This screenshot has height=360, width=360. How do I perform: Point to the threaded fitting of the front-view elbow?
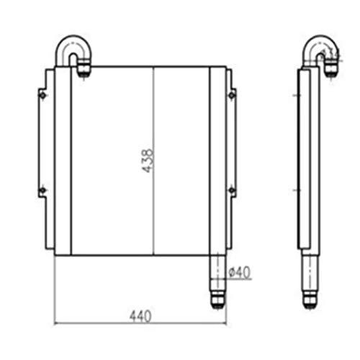[x=84, y=69]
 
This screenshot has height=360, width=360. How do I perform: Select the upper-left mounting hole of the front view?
[x=42, y=95]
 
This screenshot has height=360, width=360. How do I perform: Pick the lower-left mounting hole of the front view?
[x=42, y=189]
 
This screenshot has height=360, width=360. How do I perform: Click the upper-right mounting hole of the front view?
[x=231, y=95]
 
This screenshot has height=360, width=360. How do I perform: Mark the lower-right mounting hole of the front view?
[x=231, y=189]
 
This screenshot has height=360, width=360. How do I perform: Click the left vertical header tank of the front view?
[x=63, y=160]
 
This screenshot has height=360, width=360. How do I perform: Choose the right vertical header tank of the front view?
[x=217, y=160]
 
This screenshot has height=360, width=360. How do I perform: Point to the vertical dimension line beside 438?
[x=154, y=216]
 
